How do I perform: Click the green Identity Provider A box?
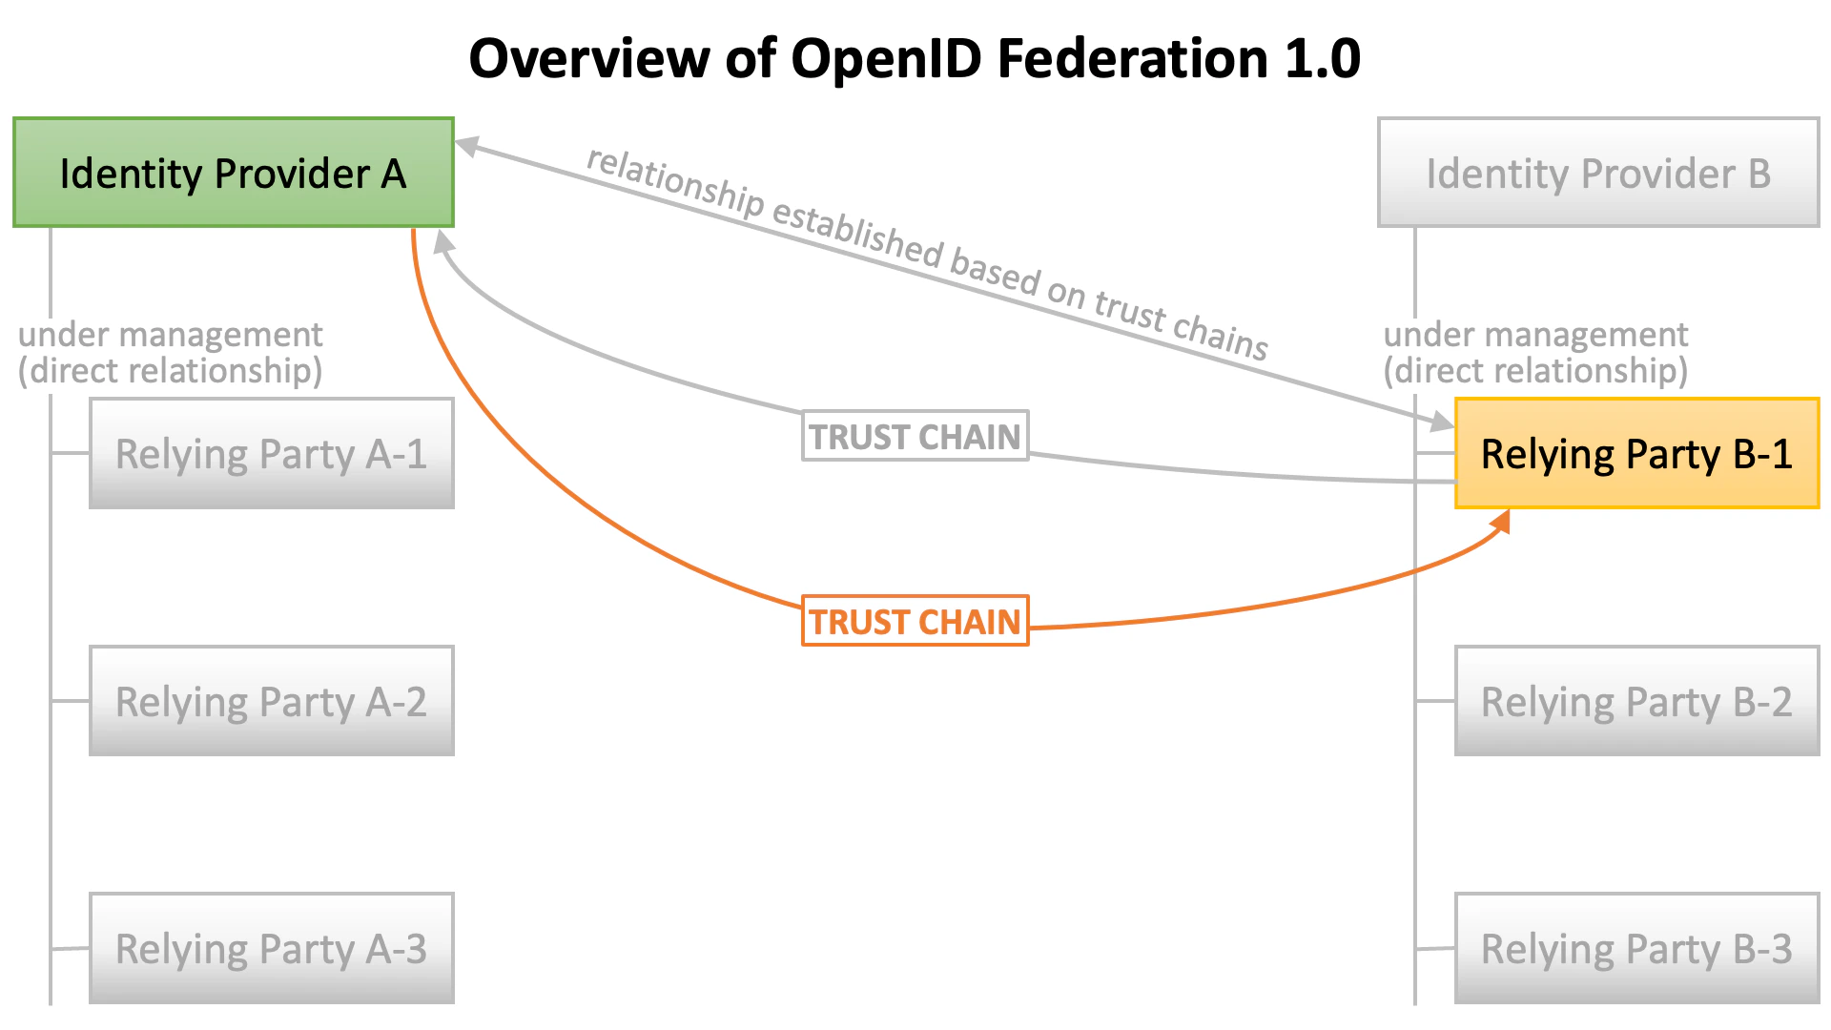click(233, 173)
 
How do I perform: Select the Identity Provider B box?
click(1598, 173)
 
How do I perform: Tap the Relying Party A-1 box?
click(271, 453)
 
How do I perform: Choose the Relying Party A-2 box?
click(271, 701)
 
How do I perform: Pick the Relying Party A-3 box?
click(271, 948)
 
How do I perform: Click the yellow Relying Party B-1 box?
click(1636, 453)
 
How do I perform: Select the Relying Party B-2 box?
click(1636, 701)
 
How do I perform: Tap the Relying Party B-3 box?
click(1636, 948)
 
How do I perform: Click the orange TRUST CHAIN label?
click(915, 621)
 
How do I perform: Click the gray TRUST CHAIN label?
click(915, 436)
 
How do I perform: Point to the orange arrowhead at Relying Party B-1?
click(1501, 521)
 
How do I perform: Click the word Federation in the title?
click(1131, 59)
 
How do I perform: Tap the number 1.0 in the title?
click(1322, 59)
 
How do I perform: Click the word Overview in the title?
click(588, 59)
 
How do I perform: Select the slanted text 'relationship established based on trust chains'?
click(926, 253)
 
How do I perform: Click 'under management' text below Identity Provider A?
click(171, 335)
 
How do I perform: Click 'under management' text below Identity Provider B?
click(1535, 335)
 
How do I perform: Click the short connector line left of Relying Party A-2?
click(70, 701)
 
